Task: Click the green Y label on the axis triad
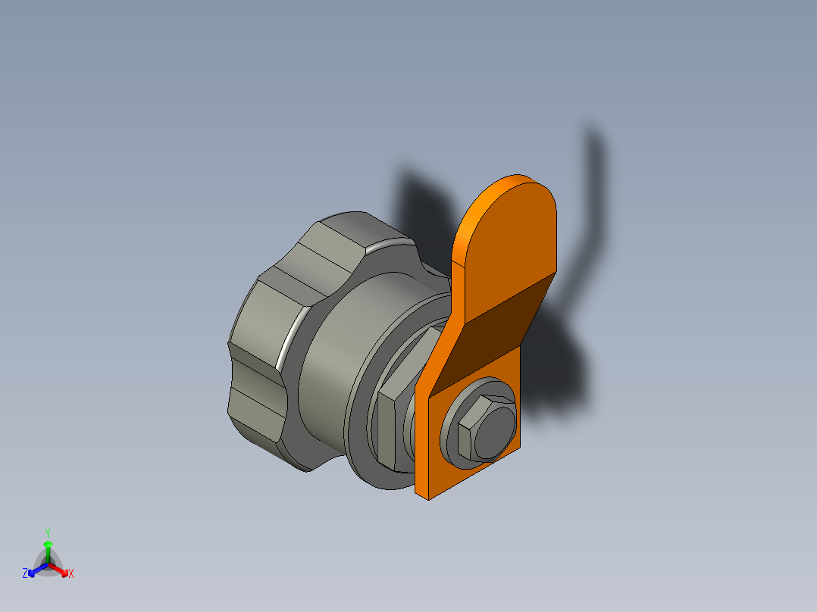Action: (x=48, y=532)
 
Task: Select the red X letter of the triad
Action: (x=71, y=574)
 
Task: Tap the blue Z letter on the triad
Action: (x=25, y=573)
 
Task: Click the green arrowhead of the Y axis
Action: (x=48, y=545)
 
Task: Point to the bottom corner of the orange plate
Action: (x=429, y=496)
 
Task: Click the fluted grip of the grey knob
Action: (x=261, y=341)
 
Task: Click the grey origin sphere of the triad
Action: (x=48, y=565)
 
